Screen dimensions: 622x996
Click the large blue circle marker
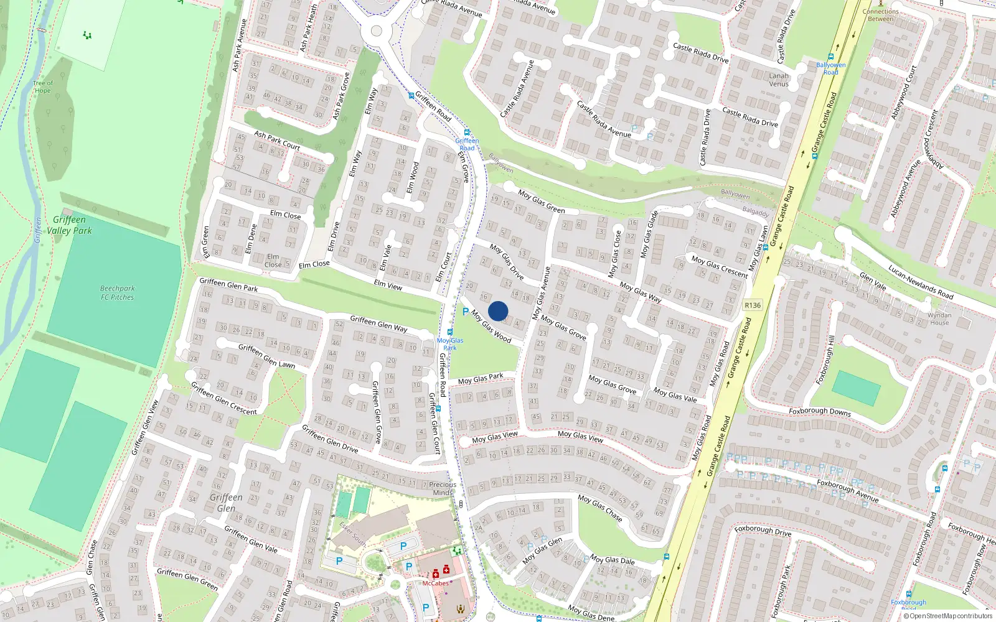[x=498, y=311]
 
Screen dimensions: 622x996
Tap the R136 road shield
[x=753, y=305]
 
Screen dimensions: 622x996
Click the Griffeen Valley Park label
[x=69, y=225]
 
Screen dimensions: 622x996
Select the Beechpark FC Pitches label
[x=117, y=292]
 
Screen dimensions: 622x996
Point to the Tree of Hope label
[x=42, y=86]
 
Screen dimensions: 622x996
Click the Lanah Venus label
[x=778, y=80]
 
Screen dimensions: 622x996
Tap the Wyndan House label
[x=939, y=318]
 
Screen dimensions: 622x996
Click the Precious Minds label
[x=443, y=488]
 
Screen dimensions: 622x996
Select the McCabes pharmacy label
[x=435, y=583]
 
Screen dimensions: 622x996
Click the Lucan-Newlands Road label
[x=921, y=282]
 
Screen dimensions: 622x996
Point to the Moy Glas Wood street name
[x=491, y=327]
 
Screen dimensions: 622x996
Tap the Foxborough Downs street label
[x=819, y=411]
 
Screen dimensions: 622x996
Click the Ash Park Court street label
[x=277, y=140]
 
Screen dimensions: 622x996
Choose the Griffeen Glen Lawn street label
[x=266, y=356]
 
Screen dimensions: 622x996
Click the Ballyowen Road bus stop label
[x=830, y=68]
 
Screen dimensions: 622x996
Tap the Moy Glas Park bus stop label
[x=450, y=344]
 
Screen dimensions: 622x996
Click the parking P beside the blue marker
[x=466, y=312]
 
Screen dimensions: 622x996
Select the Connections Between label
[x=880, y=15]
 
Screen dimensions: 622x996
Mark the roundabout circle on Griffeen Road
[x=376, y=30]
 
